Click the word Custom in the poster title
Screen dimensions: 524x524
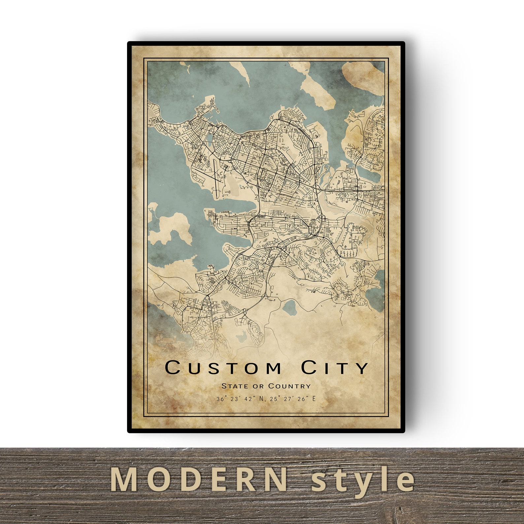[x=223, y=368]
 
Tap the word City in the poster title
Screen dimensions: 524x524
[x=335, y=368]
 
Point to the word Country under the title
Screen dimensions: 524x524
[x=289, y=386]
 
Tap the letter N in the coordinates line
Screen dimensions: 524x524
[x=262, y=399]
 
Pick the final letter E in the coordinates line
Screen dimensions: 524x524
[x=313, y=399]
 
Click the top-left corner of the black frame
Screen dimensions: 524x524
[x=129, y=43]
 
